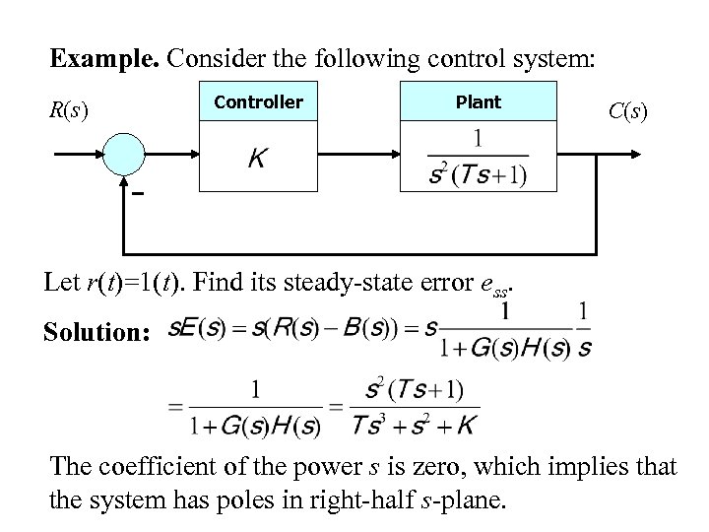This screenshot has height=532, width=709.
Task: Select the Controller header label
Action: tap(259, 101)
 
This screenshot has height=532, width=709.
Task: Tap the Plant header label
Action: tap(479, 101)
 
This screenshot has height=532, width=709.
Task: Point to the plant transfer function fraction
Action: tap(479, 158)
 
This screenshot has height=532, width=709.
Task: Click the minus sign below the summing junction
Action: tap(138, 194)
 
